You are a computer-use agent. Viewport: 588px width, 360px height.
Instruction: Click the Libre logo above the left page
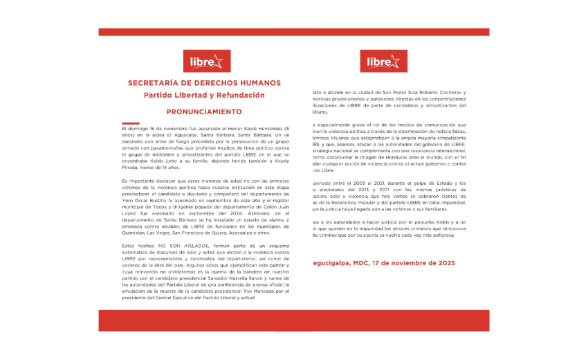click(x=206, y=62)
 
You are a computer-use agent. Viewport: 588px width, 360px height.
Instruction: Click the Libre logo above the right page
click(x=383, y=62)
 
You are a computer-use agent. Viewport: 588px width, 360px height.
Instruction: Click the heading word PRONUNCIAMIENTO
click(x=204, y=111)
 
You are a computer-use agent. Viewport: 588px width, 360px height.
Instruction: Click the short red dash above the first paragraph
click(x=130, y=123)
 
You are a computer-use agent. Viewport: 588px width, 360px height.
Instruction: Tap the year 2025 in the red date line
click(x=443, y=263)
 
